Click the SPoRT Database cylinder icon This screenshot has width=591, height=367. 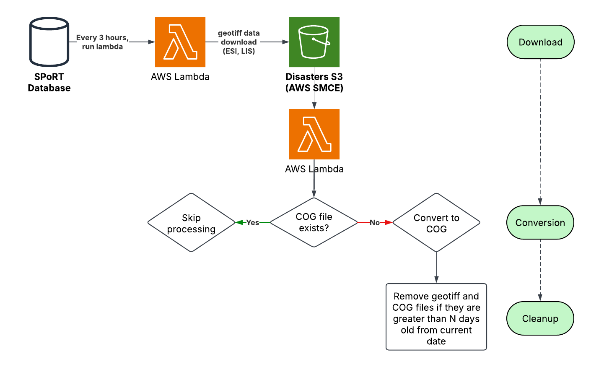coord(49,42)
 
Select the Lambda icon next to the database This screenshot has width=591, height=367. coord(180,42)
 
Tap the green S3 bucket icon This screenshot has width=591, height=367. coord(314,42)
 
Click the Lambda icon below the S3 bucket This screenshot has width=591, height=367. coord(314,134)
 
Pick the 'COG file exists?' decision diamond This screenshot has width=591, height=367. coord(314,222)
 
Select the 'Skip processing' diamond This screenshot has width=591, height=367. coord(191,223)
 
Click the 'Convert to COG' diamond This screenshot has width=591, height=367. coord(436,223)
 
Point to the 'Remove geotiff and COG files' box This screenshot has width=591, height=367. coord(436,317)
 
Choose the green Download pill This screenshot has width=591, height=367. coord(540,42)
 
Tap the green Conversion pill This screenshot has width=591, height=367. coord(540,222)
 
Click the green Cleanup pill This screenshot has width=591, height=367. coord(540,318)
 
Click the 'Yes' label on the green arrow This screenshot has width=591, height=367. coord(252,223)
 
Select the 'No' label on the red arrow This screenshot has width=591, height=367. coord(374,223)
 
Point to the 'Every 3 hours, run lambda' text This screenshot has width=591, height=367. coord(102,42)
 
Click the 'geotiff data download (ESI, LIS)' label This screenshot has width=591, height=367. coord(239,42)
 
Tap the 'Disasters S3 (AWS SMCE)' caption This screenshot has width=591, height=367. coord(314,82)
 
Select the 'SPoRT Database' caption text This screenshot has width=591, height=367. coord(49,82)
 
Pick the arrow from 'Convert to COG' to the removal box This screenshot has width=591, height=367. coord(436,268)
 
